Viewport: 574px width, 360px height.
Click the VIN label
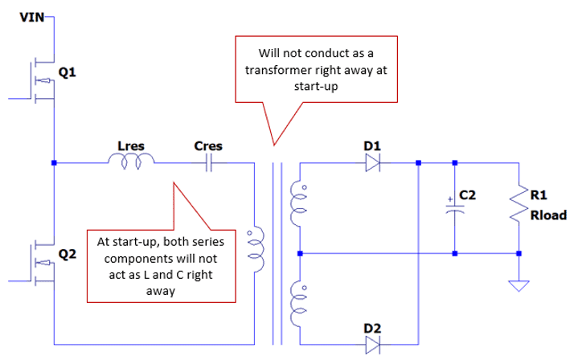tap(32, 17)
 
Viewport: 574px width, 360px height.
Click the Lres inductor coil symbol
tap(131, 162)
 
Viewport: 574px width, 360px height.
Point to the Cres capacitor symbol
tap(209, 163)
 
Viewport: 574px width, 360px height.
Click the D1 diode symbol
tap(373, 162)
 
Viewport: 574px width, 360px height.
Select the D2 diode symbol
tap(373, 345)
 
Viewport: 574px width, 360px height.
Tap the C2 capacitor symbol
tap(455, 209)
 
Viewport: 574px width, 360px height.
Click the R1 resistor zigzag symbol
tap(519, 205)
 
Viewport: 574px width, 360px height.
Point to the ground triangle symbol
tap(519, 286)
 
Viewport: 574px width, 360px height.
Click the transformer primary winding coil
tap(256, 249)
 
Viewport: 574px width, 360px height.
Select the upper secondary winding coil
tap(298, 203)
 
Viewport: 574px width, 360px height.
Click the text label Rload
tap(548, 215)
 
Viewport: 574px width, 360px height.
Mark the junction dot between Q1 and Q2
tap(54, 163)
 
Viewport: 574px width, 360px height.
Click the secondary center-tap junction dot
tap(300, 253)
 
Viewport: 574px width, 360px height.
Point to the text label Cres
tap(208, 146)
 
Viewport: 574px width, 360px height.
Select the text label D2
tap(372, 328)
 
